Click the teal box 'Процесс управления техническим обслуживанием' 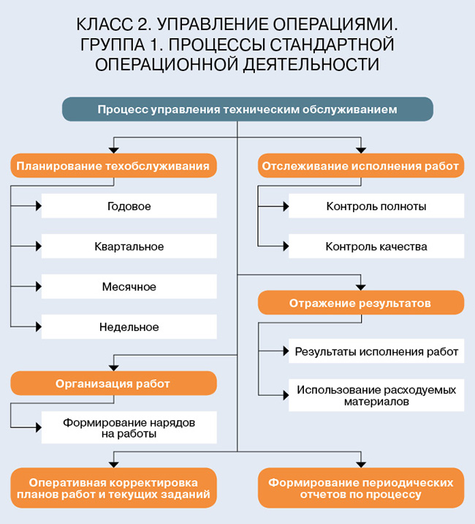click(247, 110)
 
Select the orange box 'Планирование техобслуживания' click(113, 165)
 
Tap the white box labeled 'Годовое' click(129, 206)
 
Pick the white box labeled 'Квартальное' click(129, 247)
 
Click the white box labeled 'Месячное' click(129, 287)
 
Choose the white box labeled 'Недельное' click(129, 327)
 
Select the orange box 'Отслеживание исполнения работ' click(360, 165)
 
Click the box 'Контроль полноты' click(376, 206)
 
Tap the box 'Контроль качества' click(376, 247)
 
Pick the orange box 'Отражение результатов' click(360, 302)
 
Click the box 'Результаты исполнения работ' click(376, 351)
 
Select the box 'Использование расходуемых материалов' click(376, 395)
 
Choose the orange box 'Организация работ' click(113, 383)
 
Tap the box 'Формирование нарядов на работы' click(129, 428)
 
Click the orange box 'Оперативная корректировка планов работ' click(113, 488)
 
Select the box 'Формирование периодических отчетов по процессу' click(360, 488)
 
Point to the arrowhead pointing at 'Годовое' click(38, 206)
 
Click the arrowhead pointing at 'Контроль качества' click(285, 247)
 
